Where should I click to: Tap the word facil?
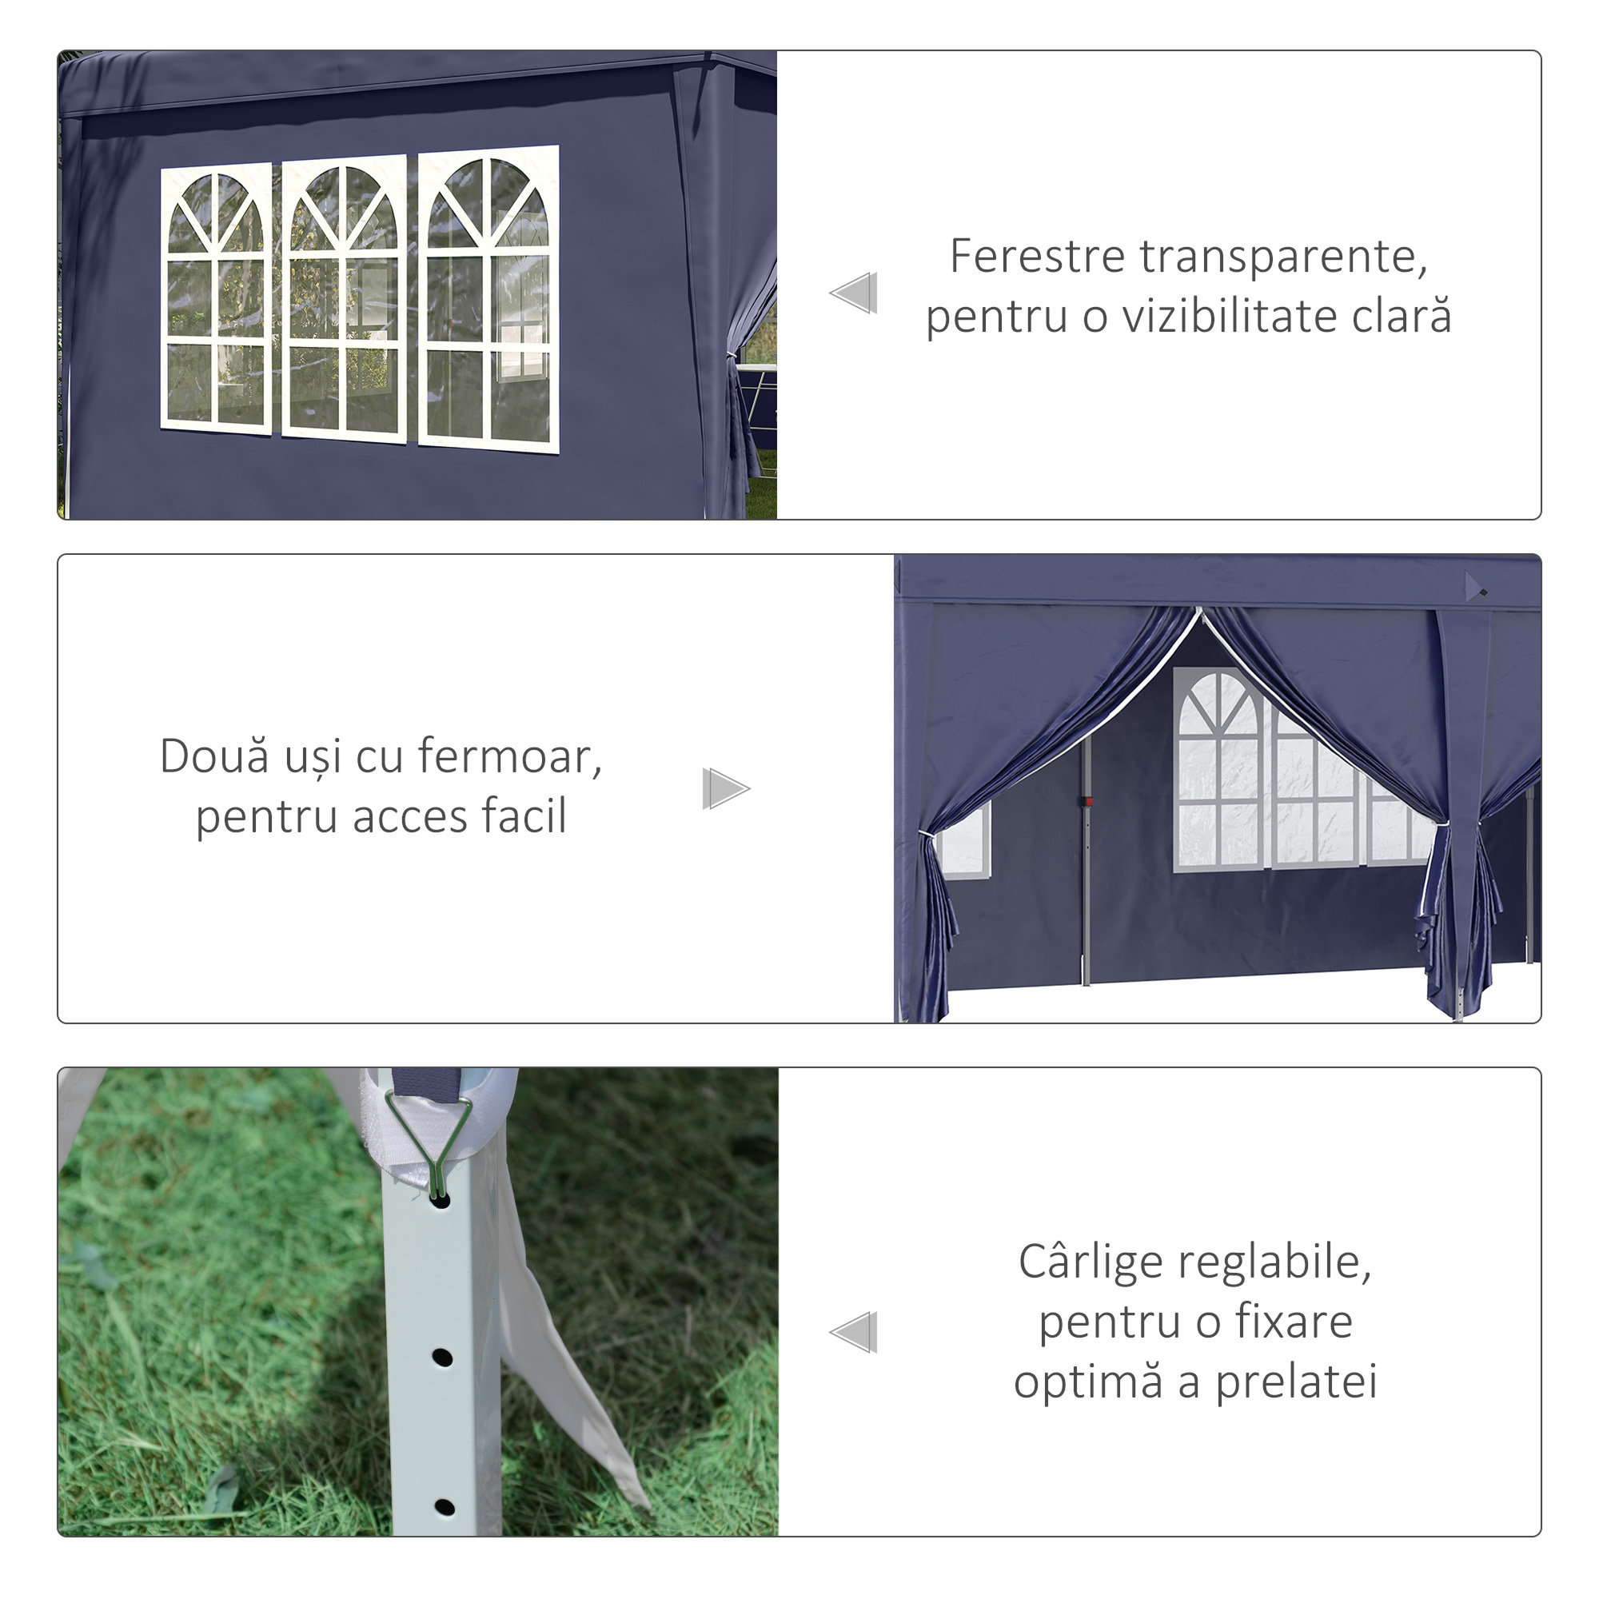(x=524, y=817)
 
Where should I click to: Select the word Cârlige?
(x=1091, y=1263)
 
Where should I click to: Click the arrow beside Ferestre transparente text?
(x=854, y=293)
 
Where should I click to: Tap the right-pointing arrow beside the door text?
(x=725, y=788)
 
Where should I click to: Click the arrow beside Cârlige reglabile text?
(x=854, y=1333)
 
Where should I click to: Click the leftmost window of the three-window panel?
(x=216, y=298)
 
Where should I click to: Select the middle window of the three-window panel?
(x=344, y=298)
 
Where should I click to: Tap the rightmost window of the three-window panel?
(x=488, y=300)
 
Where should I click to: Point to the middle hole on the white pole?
(x=443, y=1358)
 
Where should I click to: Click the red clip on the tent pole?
(x=1089, y=801)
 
